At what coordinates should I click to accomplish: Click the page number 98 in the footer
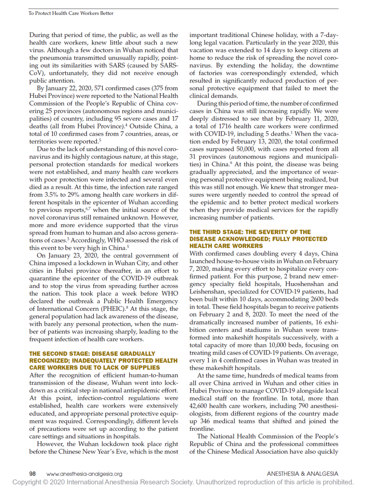33,474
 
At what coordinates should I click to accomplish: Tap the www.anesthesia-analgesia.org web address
84,474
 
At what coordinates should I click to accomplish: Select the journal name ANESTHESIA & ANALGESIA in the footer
302,474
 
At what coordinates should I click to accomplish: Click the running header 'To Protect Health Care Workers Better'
71,13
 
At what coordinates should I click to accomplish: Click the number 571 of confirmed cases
99,88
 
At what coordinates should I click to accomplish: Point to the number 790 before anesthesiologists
303,406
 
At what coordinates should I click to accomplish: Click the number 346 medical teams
205,421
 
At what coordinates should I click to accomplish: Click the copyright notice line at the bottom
183,482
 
